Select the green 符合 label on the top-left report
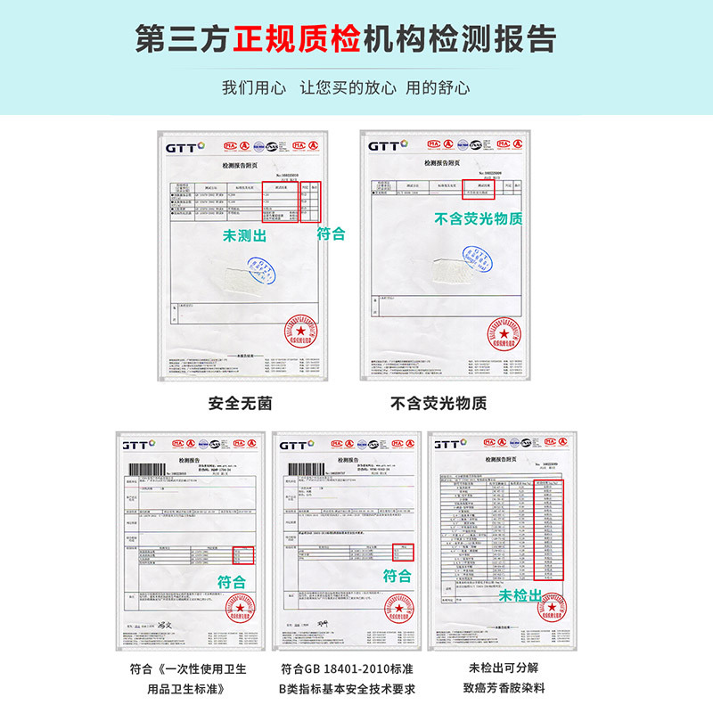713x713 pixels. coord(332,234)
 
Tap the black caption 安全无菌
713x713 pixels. coord(240,403)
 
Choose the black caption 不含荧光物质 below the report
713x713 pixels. coord(438,403)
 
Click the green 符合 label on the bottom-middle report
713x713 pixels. coord(397,576)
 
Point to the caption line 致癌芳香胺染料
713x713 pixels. coord(504,688)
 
